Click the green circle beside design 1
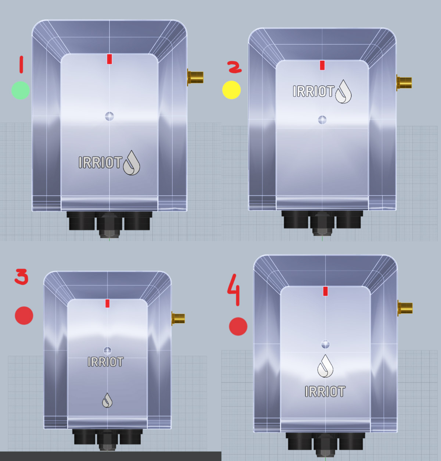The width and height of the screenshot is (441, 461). (21, 90)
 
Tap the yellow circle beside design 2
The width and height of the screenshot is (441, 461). (232, 90)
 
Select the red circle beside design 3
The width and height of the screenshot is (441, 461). (24, 315)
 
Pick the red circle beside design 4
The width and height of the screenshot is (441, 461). (238, 326)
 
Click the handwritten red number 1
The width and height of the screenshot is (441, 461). (21, 64)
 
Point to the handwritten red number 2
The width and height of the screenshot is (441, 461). (234, 67)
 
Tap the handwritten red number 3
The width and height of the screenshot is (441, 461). (22, 276)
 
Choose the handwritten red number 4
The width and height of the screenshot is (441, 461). (234, 290)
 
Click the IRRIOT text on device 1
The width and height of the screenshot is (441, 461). (100, 162)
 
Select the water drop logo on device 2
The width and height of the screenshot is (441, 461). (344, 92)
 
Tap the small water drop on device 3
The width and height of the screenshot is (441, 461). (107, 400)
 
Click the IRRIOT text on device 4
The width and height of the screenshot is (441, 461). (325, 392)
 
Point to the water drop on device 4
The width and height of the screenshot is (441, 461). (325, 366)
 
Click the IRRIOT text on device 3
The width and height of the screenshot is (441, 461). (105, 362)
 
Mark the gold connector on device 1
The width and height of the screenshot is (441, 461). (195, 77)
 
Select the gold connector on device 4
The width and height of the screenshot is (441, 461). (405, 308)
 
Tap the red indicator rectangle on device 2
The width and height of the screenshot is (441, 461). (322, 65)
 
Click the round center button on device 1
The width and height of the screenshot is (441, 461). (110, 116)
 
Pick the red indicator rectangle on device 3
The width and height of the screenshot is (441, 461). (107, 303)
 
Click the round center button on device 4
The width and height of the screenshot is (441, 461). (325, 344)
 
